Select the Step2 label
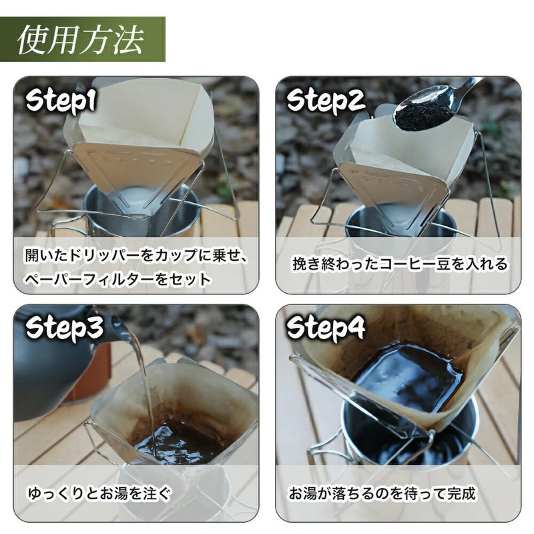coord(326,101)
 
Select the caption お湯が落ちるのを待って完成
coord(382,495)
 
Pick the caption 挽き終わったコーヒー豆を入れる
coord(399,264)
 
